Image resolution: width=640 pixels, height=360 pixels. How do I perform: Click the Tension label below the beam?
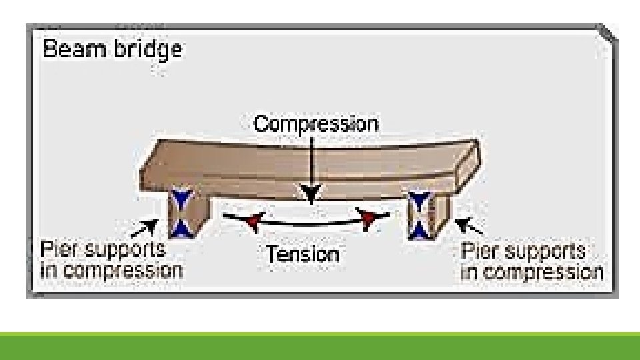(303, 254)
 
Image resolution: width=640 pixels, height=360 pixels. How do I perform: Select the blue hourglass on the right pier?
(420, 214)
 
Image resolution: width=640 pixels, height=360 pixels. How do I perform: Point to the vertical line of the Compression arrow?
(312, 160)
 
